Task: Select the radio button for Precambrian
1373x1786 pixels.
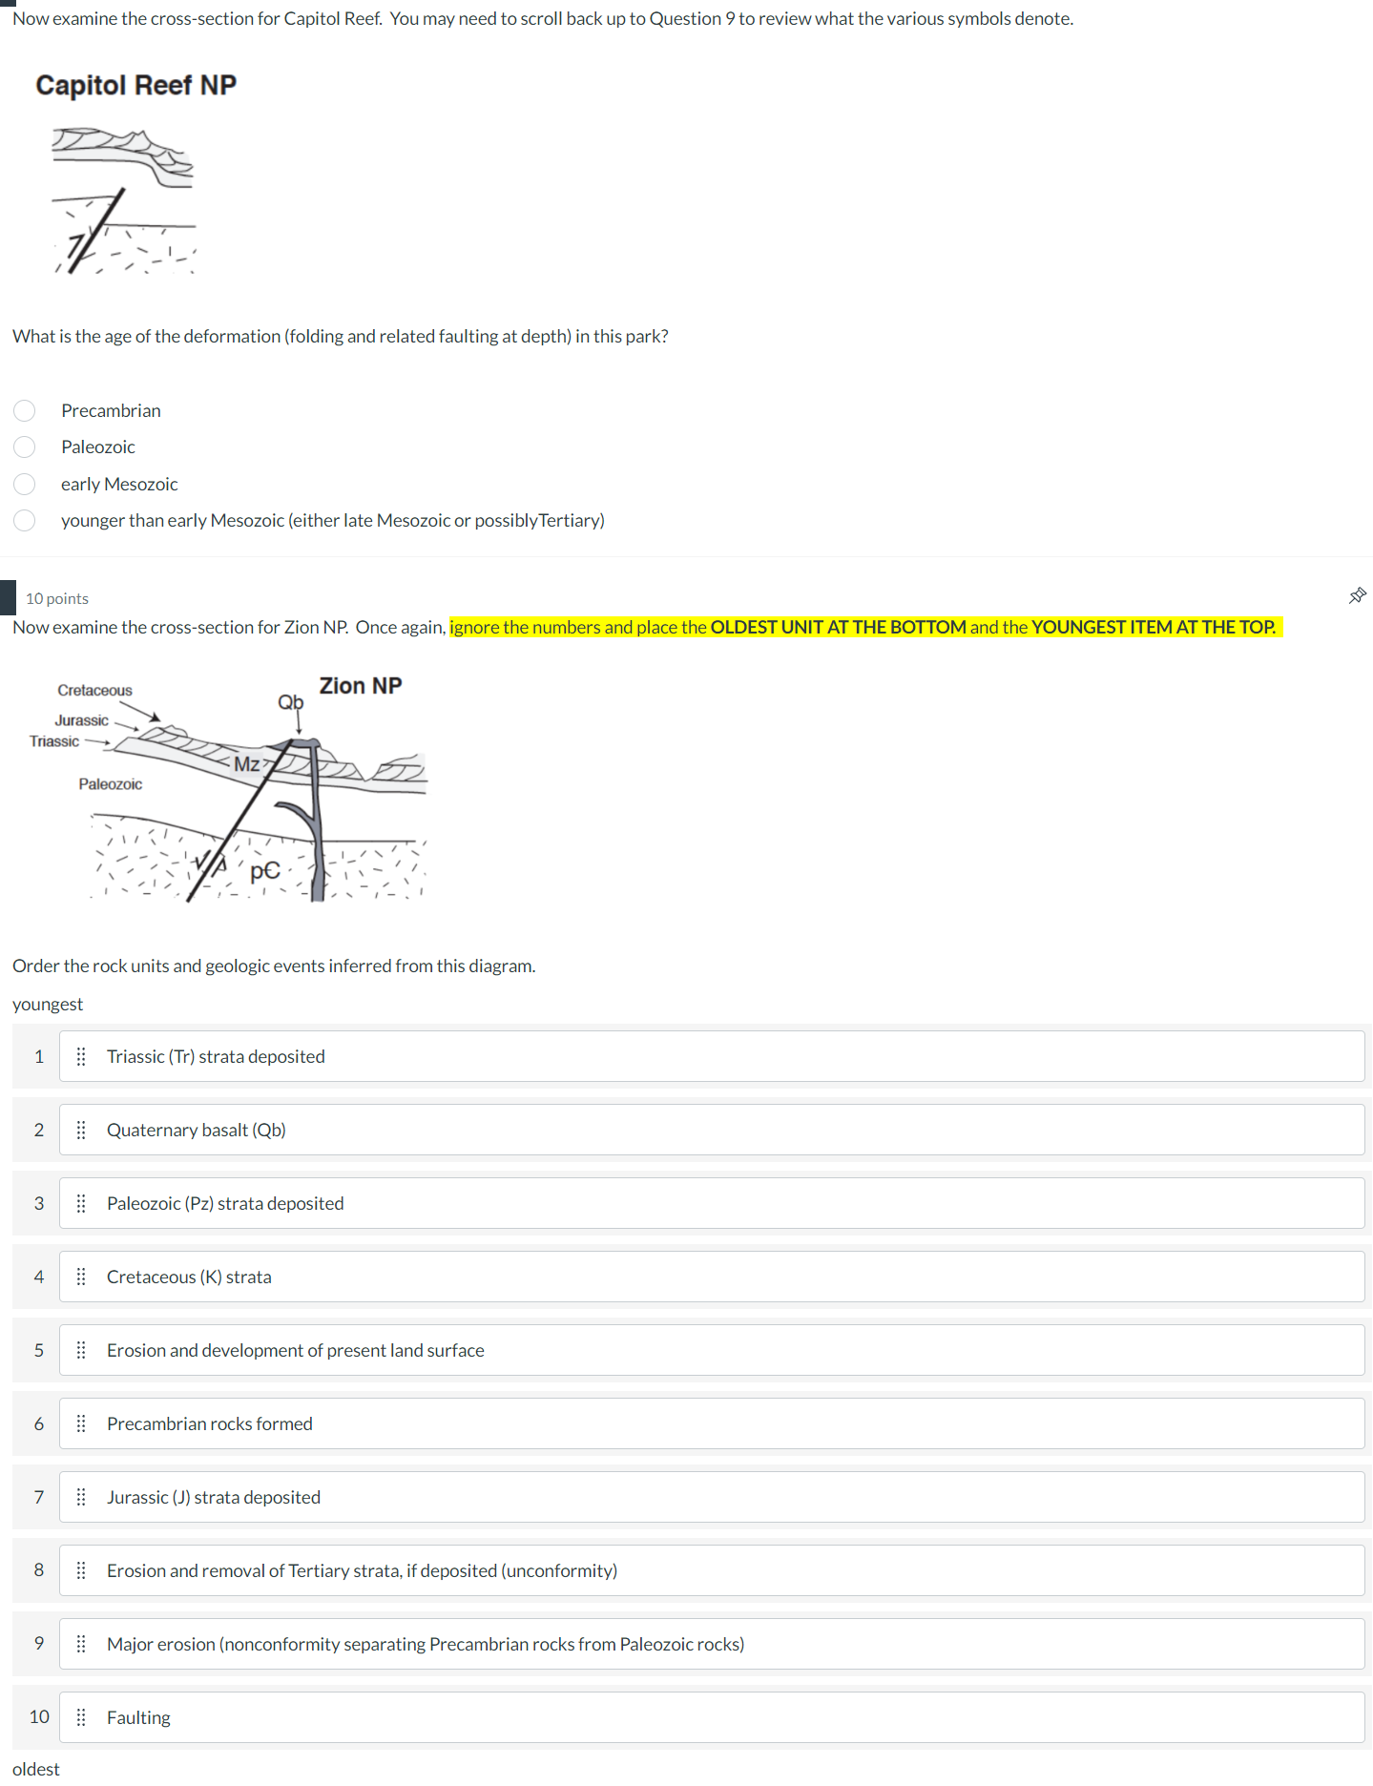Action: [x=25, y=410]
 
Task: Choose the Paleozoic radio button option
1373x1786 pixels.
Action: [x=25, y=446]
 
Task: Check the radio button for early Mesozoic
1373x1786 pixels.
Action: [x=25, y=484]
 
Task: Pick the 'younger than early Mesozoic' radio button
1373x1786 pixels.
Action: [x=25, y=520]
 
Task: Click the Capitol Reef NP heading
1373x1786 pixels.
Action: [x=135, y=85]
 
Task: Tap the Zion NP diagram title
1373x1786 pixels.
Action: [x=360, y=686]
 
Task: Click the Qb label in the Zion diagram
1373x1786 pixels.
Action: [x=290, y=702]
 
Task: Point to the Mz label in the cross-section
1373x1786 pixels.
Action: [x=246, y=764]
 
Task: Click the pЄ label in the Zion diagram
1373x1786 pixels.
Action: [x=265, y=870]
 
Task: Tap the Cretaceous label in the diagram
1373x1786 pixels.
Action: [x=94, y=690]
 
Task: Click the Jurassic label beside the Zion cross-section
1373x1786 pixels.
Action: [x=81, y=720]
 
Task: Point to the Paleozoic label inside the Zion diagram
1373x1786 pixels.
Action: [x=110, y=784]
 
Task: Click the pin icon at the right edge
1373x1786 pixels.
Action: [x=1357, y=596]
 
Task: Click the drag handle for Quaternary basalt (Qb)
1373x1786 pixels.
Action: [x=81, y=1130]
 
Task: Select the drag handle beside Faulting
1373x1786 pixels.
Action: [x=81, y=1717]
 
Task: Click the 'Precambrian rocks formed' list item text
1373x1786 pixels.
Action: [x=209, y=1423]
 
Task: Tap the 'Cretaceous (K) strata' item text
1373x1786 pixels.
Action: [x=189, y=1277]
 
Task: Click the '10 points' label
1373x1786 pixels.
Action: [x=57, y=598]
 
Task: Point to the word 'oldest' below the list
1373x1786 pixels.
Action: [x=36, y=1769]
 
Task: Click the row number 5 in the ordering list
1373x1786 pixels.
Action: [x=39, y=1350]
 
